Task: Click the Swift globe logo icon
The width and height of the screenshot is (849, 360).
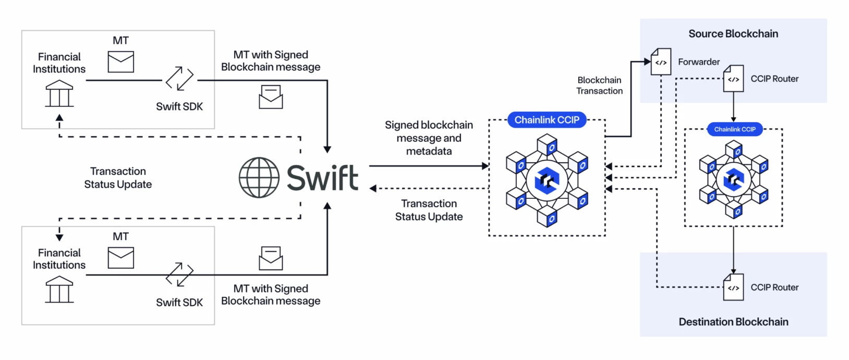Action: click(x=259, y=178)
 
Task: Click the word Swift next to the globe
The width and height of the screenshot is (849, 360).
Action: click(x=322, y=178)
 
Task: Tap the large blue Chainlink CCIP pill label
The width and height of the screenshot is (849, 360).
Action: click(x=547, y=120)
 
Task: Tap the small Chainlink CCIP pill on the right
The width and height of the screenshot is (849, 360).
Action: click(x=734, y=129)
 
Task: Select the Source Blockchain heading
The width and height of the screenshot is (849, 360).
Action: click(x=733, y=34)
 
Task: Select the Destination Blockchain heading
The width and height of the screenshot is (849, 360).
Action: click(x=733, y=322)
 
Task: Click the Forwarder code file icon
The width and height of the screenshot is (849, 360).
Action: click(x=661, y=62)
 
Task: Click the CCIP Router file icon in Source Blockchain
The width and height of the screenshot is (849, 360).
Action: click(x=733, y=79)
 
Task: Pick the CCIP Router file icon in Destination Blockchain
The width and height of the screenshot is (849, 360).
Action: click(x=733, y=287)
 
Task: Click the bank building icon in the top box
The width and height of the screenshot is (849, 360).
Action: click(x=59, y=94)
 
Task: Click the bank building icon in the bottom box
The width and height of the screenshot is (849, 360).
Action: click(x=59, y=290)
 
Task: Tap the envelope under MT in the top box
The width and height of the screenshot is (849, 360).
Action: click(x=121, y=62)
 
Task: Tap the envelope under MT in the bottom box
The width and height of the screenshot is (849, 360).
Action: click(x=121, y=258)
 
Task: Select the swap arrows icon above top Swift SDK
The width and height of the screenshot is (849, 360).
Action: click(x=179, y=79)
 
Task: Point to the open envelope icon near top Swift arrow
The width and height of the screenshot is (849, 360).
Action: click(x=271, y=97)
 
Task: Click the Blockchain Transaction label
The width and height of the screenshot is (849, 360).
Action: click(x=599, y=86)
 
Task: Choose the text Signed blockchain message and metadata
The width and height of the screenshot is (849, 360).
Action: click(x=429, y=138)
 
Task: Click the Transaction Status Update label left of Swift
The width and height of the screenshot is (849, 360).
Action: click(x=118, y=178)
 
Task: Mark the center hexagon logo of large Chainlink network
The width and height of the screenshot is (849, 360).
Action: click(x=547, y=181)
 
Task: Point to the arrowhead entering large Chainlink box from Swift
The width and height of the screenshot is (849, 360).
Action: click(x=485, y=166)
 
